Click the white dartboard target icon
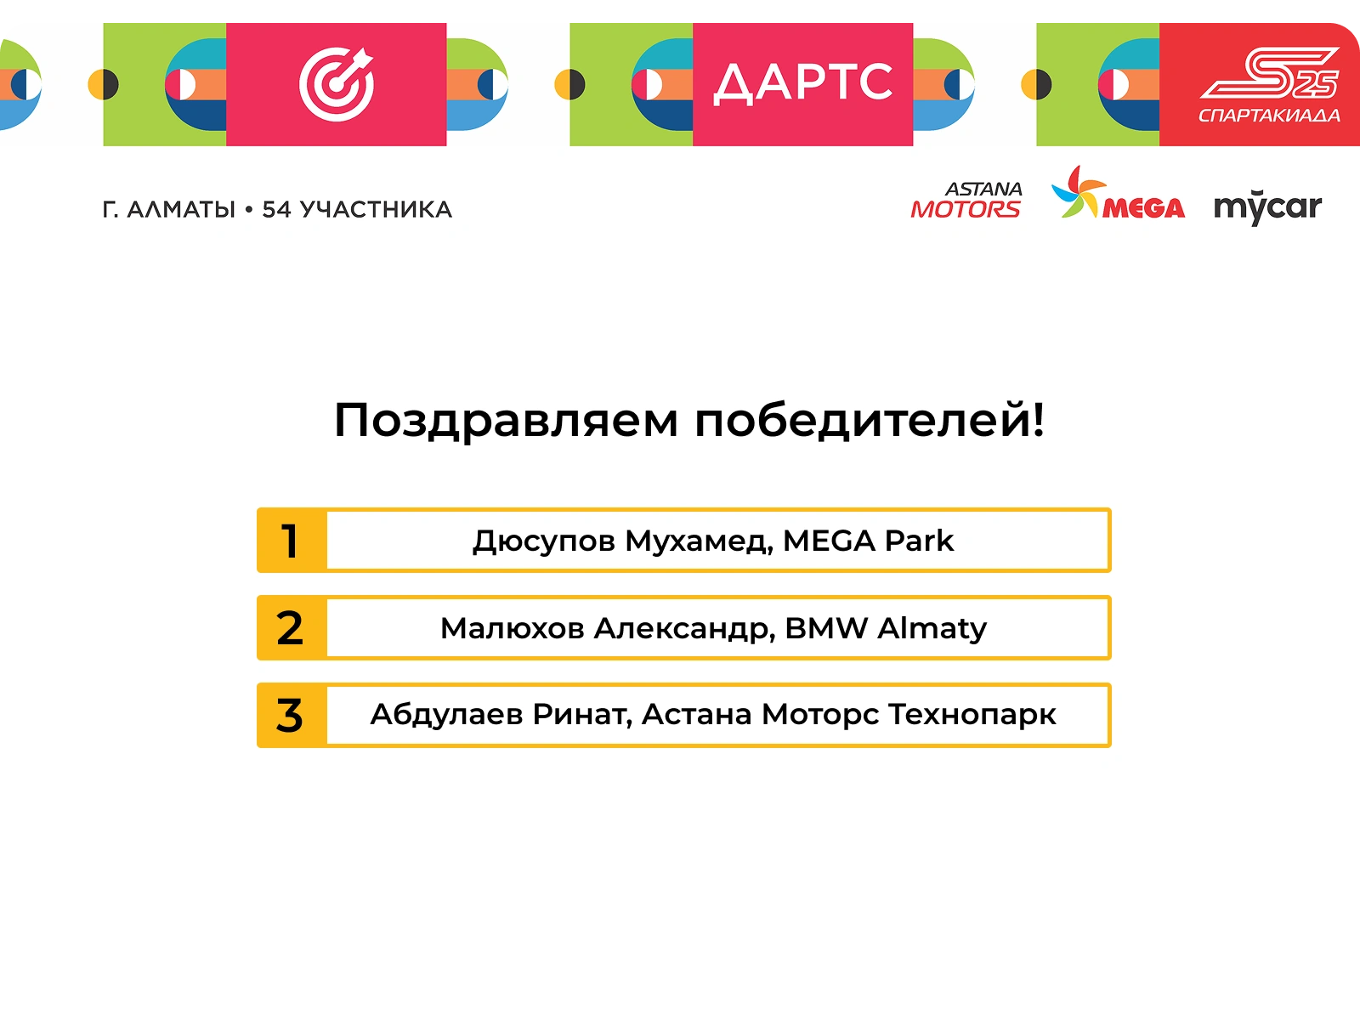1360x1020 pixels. pyautogui.click(x=337, y=84)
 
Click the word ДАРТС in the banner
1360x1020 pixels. pyautogui.click(x=803, y=83)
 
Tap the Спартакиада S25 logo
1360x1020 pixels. pyautogui.click(x=1269, y=85)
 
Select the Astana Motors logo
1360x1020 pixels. pyautogui.click(x=966, y=200)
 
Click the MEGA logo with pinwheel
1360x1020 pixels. pyautogui.click(x=1118, y=193)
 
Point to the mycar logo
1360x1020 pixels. pyautogui.click(x=1267, y=207)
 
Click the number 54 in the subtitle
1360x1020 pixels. pyautogui.click(x=276, y=210)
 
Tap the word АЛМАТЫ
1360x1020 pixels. pyautogui.click(x=181, y=210)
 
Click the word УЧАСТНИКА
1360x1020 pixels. pyautogui.click(x=376, y=210)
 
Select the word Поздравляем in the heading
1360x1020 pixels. pyautogui.click(x=506, y=422)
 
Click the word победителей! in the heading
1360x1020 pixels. pyautogui.click(x=870, y=420)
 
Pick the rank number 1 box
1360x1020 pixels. pyautogui.click(x=292, y=541)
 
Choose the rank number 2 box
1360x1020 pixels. pyautogui.click(x=292, y=628)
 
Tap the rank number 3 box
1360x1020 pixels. pyautogui.click(x=292, y=716)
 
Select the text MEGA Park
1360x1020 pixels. pyautogui.click(x=868, y=541)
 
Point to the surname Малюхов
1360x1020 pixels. pyautogui.click(x=513, y=629)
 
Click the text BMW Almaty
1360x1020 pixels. pyautogui.click(x=886, y=629)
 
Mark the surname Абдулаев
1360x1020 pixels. pyautogui.click(x=447, y=715)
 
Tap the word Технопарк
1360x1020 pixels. pyautogui.click(x=972, y=716)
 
